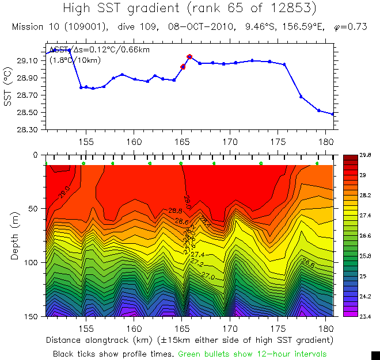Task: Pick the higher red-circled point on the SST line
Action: pyautogui.click(x=189, y=56)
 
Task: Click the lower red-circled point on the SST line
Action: pyautogui.click(x=183, y=67)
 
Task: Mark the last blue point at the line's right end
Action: pyautogui.click(x=333, y=114)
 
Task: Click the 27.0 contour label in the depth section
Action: pyautogui.click(x=208, y=277)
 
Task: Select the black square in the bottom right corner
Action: pyautogui.click(x=375, y=355)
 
